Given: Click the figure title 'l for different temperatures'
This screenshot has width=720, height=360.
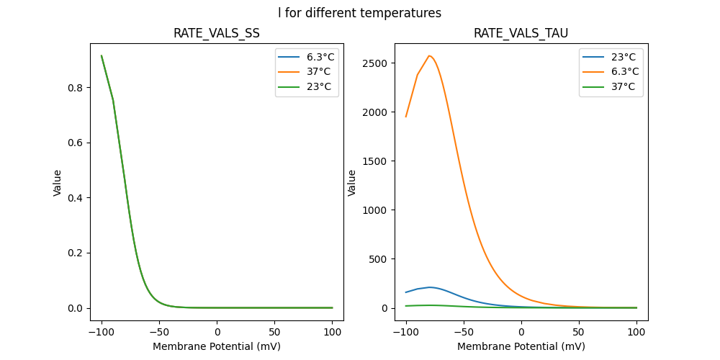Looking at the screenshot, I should [359, 13].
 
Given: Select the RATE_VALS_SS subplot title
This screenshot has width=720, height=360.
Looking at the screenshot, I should [216, 34].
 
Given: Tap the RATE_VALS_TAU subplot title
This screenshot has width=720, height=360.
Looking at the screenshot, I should [521, 34].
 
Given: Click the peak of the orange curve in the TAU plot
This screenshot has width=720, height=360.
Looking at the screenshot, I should [429, 55].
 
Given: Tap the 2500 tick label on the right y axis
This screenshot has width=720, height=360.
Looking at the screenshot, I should [375, 63].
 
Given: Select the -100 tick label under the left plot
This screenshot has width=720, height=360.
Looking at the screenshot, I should [102, 332].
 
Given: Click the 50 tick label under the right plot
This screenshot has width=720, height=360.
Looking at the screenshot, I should [579, 332].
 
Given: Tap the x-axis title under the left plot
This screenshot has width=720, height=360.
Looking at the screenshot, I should [216, 346].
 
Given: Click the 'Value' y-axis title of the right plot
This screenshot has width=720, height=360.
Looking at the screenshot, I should [352, 183].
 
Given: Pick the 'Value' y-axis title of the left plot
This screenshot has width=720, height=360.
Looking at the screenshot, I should [58, 183].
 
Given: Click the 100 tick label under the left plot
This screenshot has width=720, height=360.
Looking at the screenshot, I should [333, 332].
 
